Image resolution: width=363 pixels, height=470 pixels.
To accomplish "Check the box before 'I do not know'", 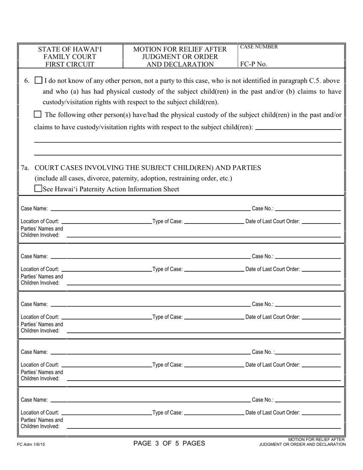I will click(39, 81).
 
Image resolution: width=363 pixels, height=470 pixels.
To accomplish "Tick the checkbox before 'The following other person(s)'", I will click(37, 114).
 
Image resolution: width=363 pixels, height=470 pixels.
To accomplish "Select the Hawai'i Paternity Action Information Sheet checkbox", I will click(38, 188).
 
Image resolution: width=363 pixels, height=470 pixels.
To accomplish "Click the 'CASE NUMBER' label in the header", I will click(259, 47).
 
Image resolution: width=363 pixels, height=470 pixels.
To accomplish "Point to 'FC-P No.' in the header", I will click(253, 64).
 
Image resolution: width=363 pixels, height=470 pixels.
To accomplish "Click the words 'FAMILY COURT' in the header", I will click(70, 57).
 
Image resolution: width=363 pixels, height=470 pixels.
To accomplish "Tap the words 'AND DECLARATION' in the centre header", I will click(180, 64).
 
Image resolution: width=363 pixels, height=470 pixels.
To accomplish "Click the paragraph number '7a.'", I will click(25, 168).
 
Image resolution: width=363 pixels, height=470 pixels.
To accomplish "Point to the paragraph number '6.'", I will click(27, 81).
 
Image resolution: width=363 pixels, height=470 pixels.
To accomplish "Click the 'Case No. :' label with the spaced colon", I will click(263, 352).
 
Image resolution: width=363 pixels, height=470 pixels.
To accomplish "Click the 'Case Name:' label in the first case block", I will click(34, 209).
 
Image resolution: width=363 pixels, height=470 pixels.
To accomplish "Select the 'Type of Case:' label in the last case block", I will click(167, 413).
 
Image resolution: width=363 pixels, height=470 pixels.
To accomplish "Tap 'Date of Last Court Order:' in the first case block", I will click(272, 221).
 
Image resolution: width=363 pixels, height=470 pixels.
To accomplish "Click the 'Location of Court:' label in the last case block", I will click(40, 413).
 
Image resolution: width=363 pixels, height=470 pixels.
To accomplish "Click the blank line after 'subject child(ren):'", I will click(298, 129).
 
